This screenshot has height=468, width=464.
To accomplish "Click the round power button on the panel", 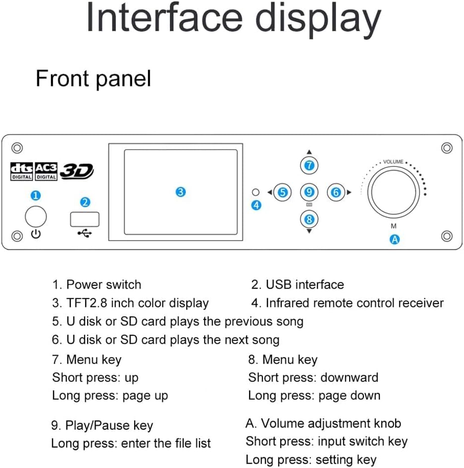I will click(36, 216).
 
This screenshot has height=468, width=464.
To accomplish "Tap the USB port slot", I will click(85, 218).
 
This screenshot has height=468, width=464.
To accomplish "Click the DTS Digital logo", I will click(22, 172).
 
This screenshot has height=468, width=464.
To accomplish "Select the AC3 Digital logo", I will click(46, 172).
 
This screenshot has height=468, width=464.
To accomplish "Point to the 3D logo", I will click(77, 171).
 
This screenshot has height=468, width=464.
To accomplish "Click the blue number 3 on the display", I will click(181, 192).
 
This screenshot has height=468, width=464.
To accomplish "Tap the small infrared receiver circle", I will click(256, 192).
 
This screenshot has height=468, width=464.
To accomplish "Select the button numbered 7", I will click(309, 165).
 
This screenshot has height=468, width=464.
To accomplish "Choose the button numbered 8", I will click(309, 218).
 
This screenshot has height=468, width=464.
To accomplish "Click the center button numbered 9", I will click(309, 192).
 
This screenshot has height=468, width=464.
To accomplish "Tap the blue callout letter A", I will click(394, 239).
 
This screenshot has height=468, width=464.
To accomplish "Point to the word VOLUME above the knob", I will click(393, 162).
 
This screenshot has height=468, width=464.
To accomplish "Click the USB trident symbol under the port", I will click(85, 233).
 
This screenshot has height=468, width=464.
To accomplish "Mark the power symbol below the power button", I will click(36, 234).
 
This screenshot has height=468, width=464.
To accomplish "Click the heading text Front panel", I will click(93, 79).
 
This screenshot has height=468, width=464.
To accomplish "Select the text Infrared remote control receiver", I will click(355, 303).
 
